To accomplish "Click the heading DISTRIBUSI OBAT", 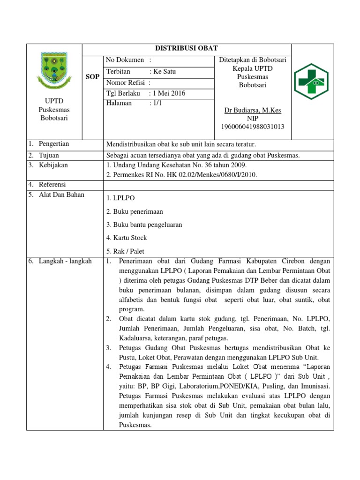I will coord(187,49).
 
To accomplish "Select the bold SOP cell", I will coord(92,77).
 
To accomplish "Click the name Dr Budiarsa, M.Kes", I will coord(253,110).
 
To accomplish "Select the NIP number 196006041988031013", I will coord(253,127).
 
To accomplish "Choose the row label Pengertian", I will coord(53,144).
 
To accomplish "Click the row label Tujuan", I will coord(49,155).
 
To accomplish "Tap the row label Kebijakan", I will coord(53,165).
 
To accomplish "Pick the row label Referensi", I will coord(52,184).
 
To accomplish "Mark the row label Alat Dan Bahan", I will coord(61,195).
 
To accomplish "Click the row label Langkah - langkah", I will coord(65,261).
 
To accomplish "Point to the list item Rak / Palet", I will coord(125,251).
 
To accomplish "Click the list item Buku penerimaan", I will coord(135,211).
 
